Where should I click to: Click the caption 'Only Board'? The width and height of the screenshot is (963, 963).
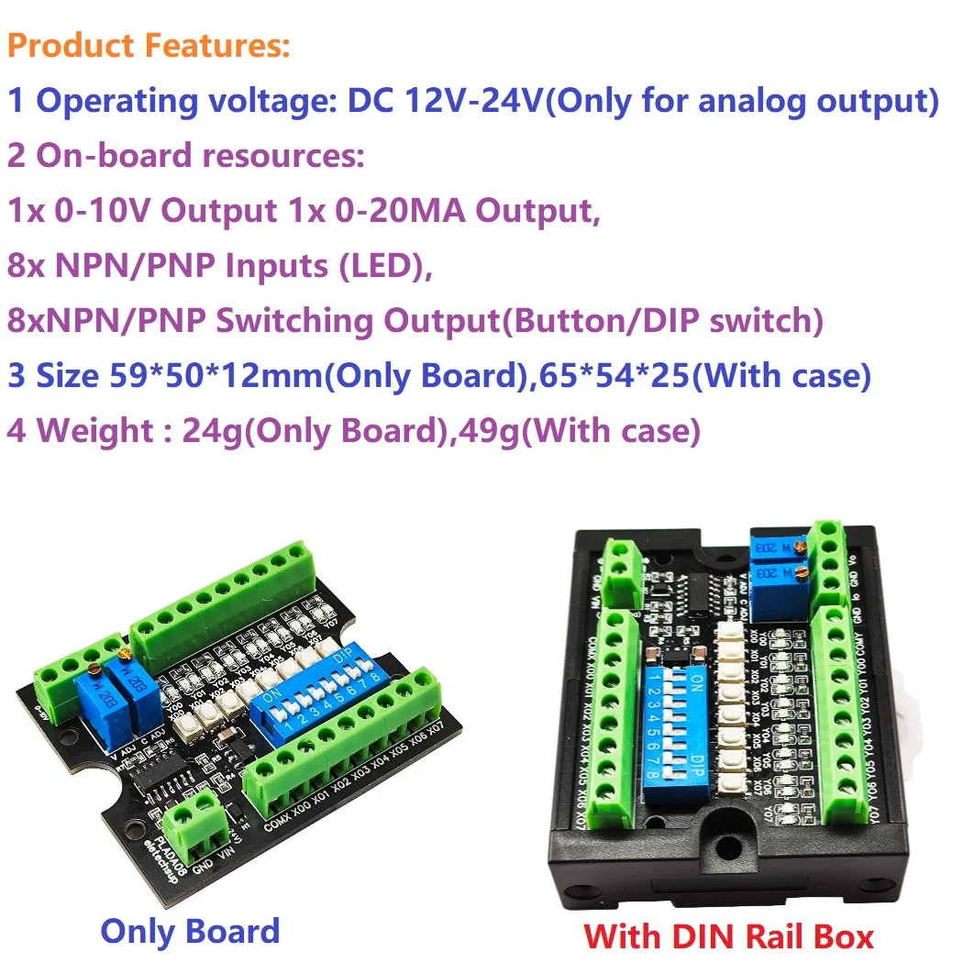click(190, 931)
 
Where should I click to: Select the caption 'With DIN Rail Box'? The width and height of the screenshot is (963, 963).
click(728, 935)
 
